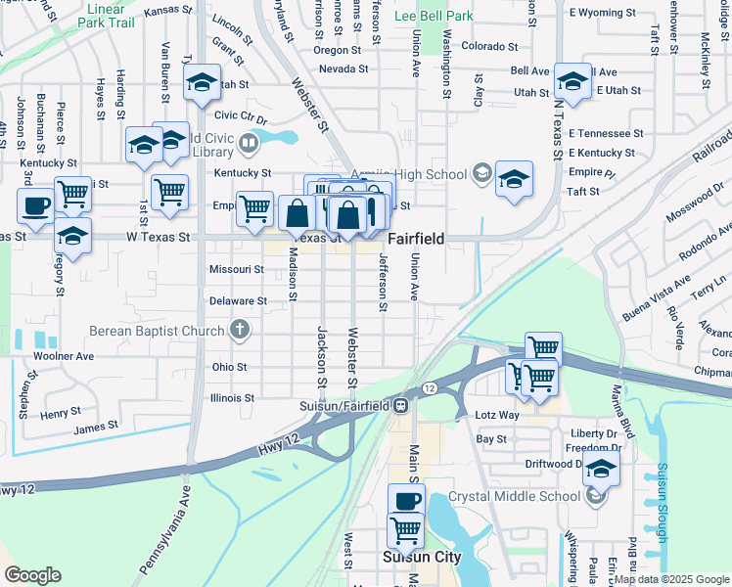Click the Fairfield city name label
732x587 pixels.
click(417, 239)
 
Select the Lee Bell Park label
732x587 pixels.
click(433, 16)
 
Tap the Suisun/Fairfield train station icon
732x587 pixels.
click(401, 406)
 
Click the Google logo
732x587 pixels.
click(32, 575)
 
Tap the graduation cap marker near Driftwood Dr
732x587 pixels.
click(601, 468)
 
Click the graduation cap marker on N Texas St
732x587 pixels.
click(572, 80)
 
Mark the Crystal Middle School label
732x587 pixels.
click(514, 496)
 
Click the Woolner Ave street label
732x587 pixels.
click(64, 356)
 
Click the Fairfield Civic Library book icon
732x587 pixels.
click(249, 146)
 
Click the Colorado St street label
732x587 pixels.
click(488, 46)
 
